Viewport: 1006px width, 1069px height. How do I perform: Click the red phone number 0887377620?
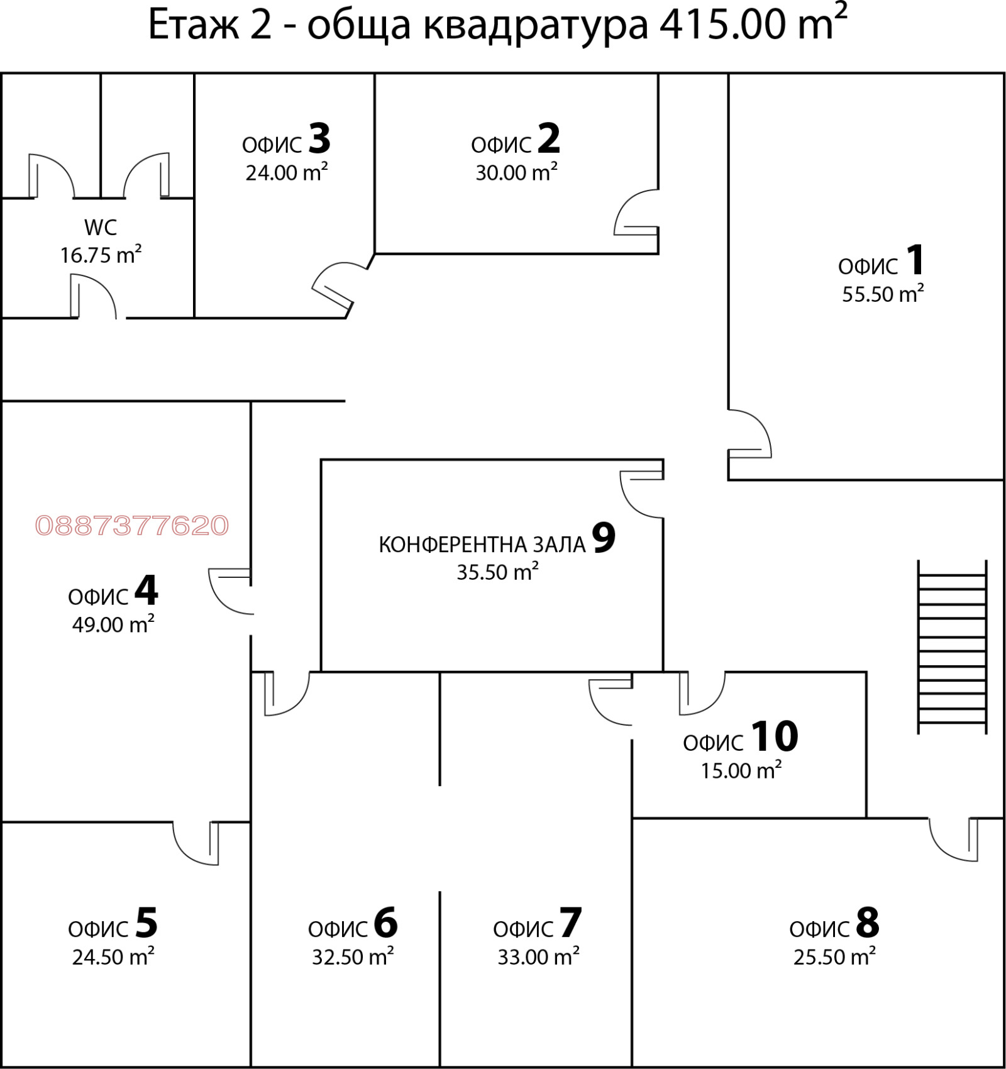pos(132,526)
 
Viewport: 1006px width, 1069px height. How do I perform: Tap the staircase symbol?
pos(952,647)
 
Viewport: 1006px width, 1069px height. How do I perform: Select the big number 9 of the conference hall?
pos(604,538)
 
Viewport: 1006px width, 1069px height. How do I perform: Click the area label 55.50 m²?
pos(883,294)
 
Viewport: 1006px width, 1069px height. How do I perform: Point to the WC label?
pos(101,227)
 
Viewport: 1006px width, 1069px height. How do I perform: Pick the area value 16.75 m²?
pos(101,255)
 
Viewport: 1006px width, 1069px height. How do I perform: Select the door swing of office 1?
pos(749,434)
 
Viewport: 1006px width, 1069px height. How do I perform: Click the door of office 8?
pos(954,840)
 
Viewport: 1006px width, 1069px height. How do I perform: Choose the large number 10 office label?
pos(774,736)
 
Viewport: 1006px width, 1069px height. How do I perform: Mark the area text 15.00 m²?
pos(741,770)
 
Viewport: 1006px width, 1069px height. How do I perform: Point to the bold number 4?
pos(146,590)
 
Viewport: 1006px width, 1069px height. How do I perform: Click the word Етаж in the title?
pos(193,25)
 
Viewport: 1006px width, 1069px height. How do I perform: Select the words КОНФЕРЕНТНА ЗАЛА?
pos(482,545)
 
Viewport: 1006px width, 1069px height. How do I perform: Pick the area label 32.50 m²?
pos(353,956)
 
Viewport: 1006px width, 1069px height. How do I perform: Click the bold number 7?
pos(570,922)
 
